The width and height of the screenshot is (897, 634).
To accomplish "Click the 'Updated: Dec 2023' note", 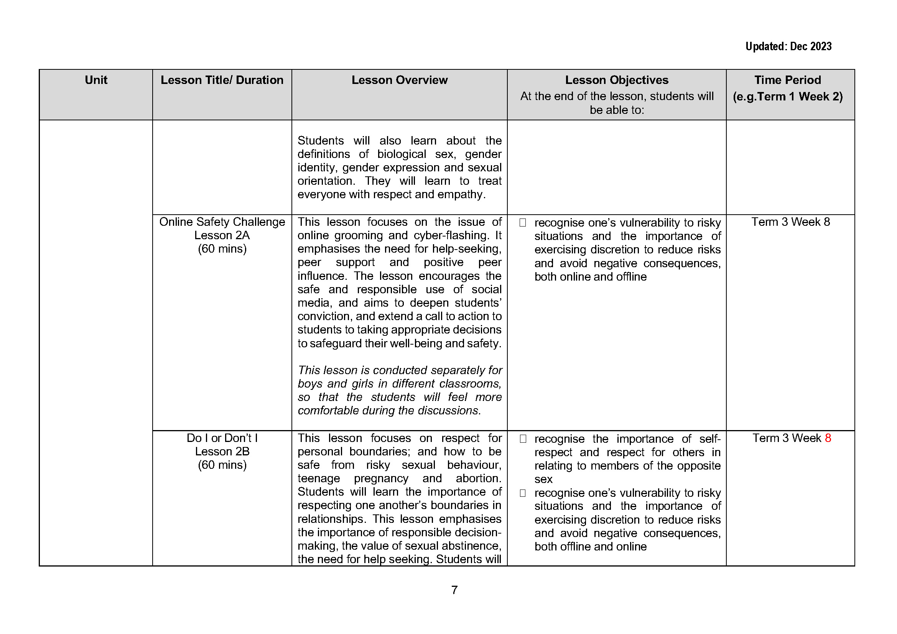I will tap(788, 46).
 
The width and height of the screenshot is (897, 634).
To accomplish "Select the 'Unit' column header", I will tap(96, 80).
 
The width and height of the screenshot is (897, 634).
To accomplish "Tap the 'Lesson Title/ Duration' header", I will tap(222, 80).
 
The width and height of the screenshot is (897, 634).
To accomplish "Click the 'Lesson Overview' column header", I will tap(399, 80).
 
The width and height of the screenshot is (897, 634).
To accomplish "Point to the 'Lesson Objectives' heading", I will tap(617, 80).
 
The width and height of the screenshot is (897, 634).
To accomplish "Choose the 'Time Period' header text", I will tap(787, 80).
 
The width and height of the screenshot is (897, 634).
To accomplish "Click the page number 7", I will tap(454, 590).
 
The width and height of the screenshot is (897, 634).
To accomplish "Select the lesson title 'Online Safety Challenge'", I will tap(222, 222).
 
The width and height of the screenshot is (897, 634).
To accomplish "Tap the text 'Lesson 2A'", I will tap(222, 235).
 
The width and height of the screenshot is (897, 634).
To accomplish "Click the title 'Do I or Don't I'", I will tap(222, 438).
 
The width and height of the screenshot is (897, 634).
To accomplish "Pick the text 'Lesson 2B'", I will tap(222, 452).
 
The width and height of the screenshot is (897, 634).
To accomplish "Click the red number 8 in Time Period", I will tap(828, 438).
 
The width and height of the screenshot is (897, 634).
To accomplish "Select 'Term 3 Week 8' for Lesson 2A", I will tap(790, 222).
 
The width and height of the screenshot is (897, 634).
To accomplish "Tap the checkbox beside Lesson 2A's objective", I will tap(523, 223).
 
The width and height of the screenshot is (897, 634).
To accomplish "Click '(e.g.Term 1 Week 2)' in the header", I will tap(787, 97).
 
